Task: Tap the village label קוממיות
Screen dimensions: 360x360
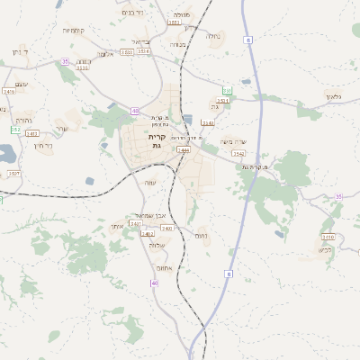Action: point(74,30)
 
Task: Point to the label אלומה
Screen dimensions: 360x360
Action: point(105,54)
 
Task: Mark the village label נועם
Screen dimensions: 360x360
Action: point(202,235)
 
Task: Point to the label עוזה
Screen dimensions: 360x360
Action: point(150,183)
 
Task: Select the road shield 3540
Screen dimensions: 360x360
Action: point(208,122)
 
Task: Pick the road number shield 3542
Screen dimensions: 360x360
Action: point(238,154)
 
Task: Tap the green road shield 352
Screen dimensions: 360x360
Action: point(15,130)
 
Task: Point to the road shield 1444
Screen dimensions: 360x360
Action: point(184,150)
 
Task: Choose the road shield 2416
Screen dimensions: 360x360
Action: point(9,92)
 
